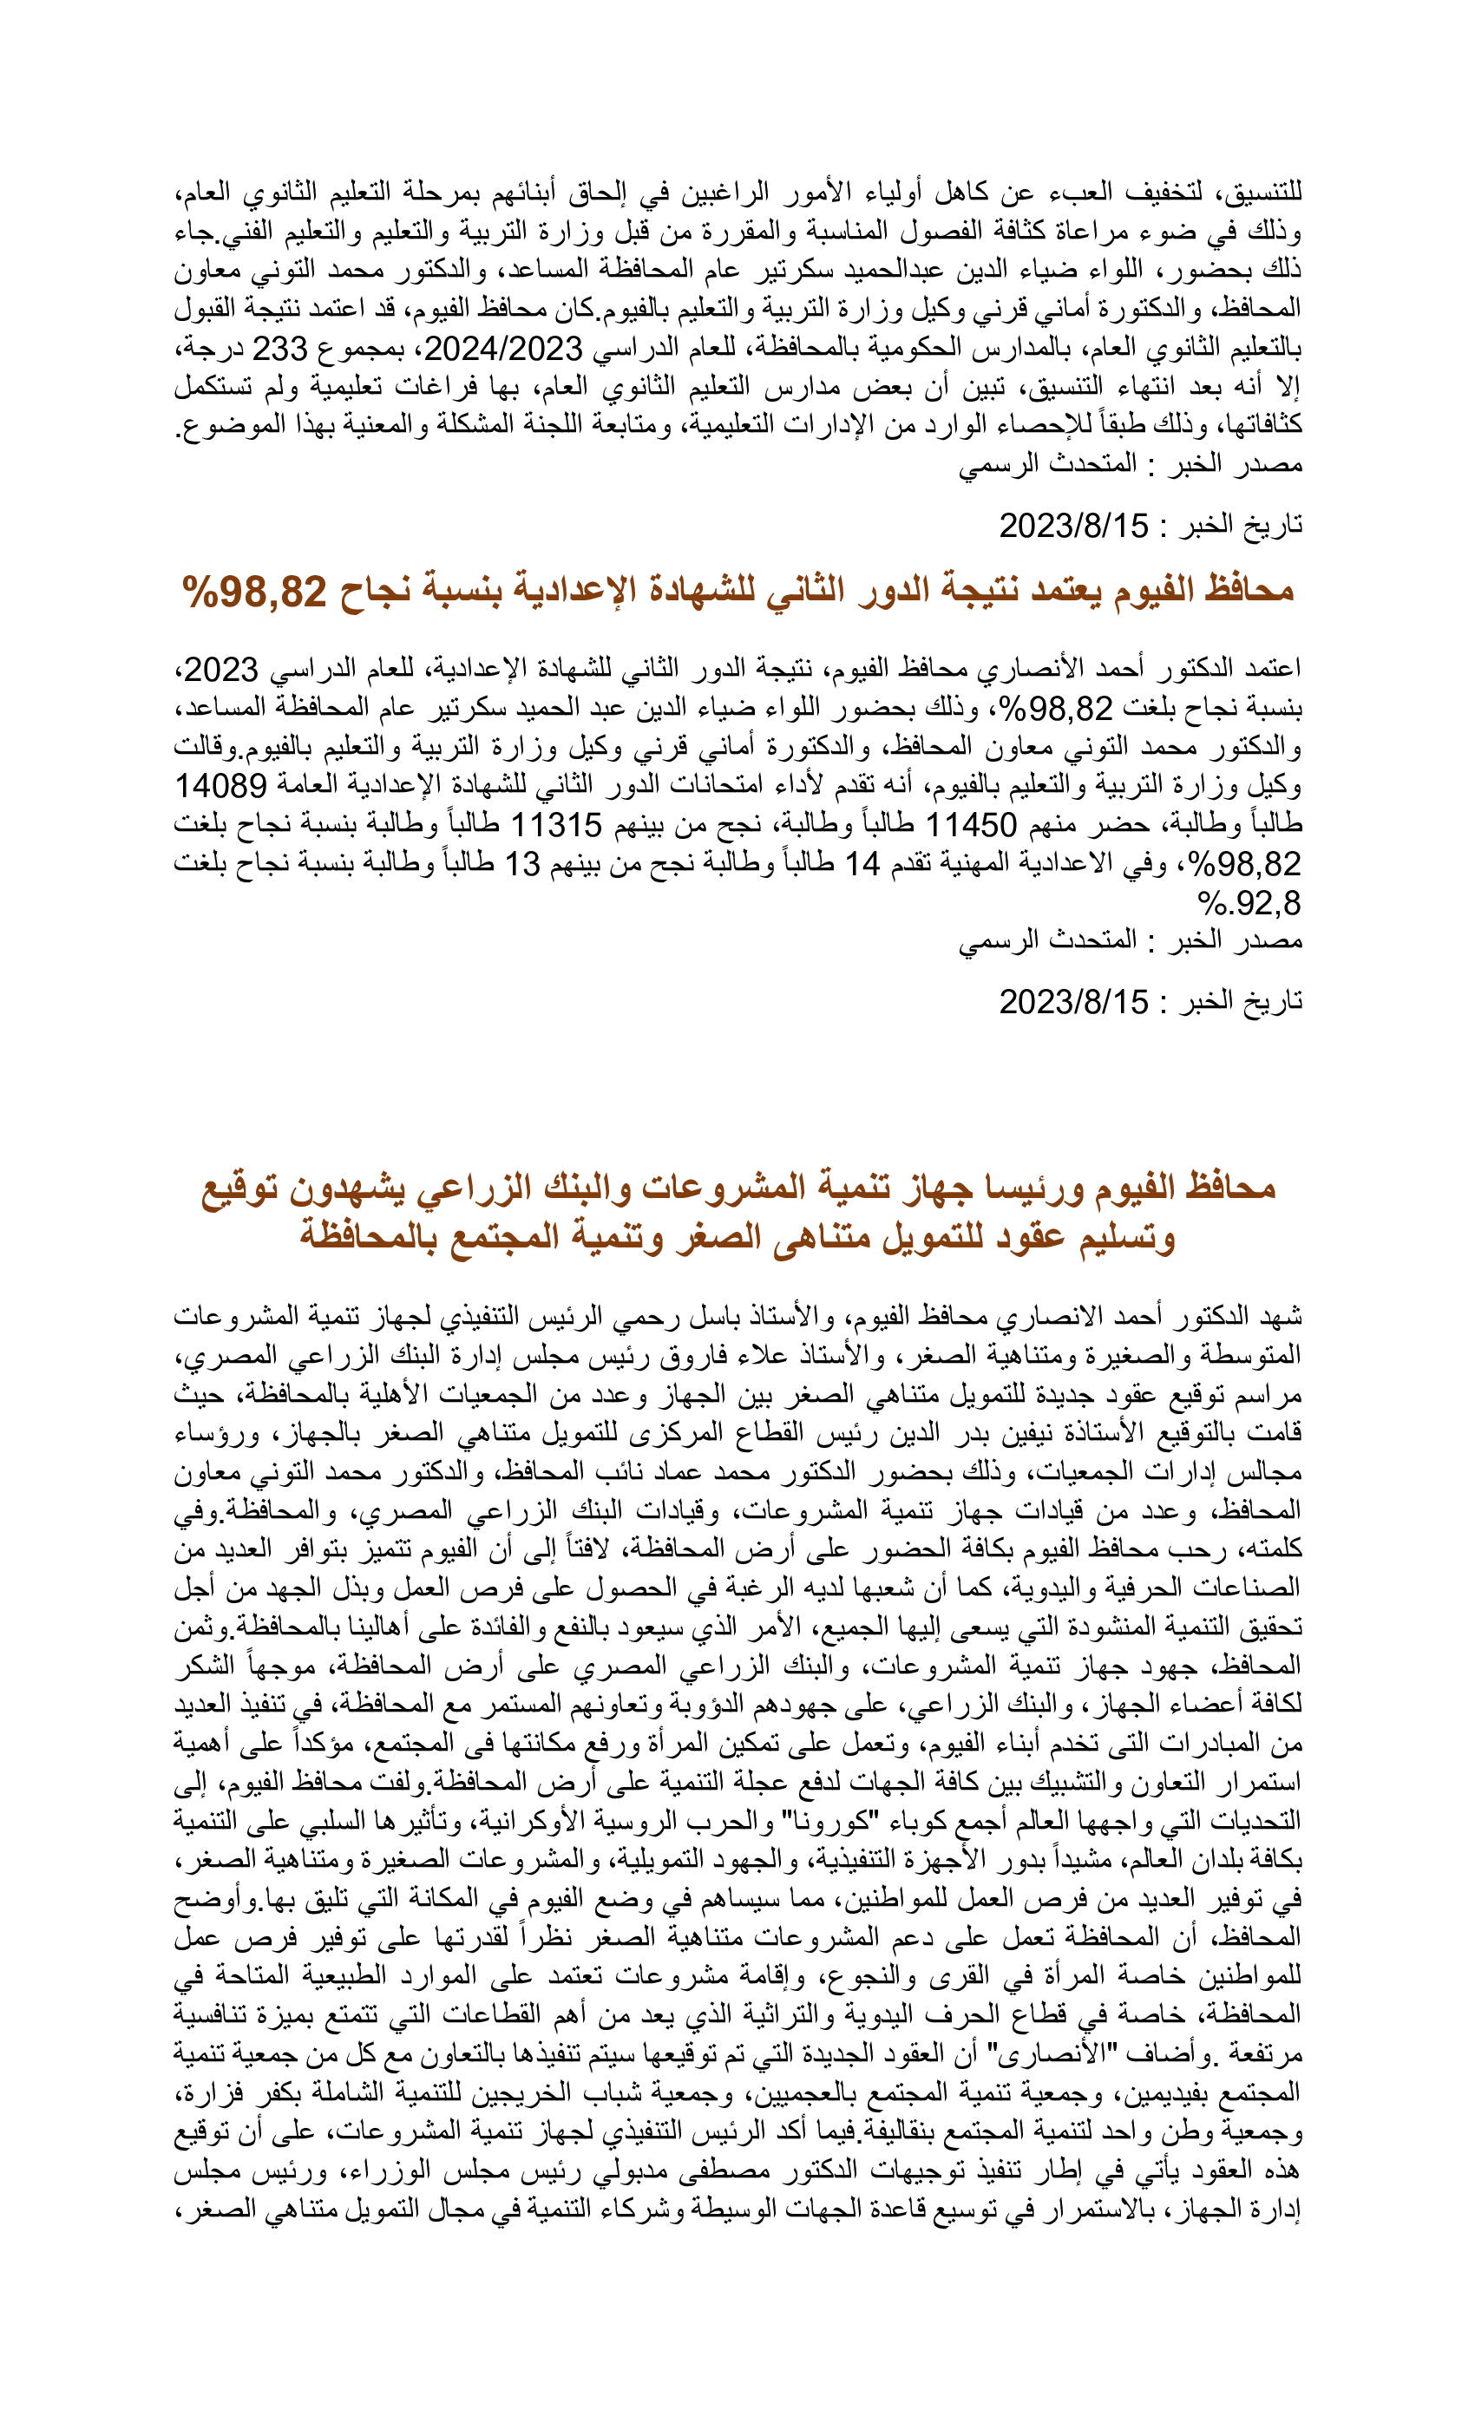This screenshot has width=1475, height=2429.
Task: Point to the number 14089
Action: point(220,786)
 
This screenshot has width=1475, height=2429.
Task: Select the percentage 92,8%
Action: point(1249,902)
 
